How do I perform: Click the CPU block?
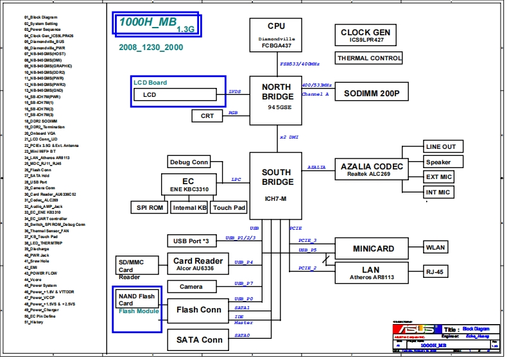[x=276, y=35]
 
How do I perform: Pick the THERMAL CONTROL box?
[x=369, y=58]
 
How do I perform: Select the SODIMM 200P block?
[x=372, y=93]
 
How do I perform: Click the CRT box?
[x=207, y=116]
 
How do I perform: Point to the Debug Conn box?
[x=189, y=162]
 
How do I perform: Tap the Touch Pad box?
[x=229, y=207]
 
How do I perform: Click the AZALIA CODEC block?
[x=372, y=169]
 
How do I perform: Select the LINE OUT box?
[x=441, y=147]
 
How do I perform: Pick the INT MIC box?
[x=438, y=192]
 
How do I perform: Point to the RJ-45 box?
[x=435, y=271]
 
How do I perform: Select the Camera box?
[x=191, y=287]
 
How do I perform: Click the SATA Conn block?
[x=199, y=339]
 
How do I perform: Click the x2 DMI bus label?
[x=289, y=137]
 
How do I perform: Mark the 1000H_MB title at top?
[x=149, y=22]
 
